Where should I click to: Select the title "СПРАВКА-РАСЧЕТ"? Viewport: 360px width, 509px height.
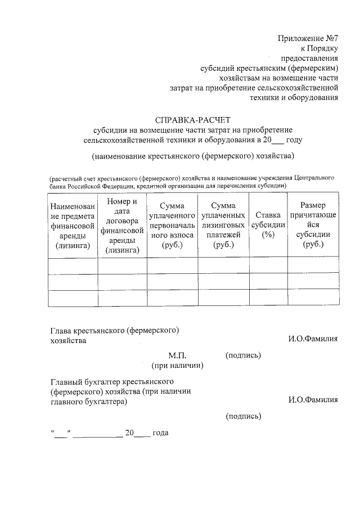pos(193,119)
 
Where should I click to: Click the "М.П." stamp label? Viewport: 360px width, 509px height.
pos(177,355)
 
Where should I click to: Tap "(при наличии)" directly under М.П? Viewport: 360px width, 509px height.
pos(177,366)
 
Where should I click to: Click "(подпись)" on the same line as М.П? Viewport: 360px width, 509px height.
pos(243,355)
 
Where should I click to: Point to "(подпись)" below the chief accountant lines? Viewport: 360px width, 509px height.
pos(243,416)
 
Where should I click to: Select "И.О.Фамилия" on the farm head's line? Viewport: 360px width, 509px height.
pos(313,339)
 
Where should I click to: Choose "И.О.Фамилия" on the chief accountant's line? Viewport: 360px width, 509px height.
pos(313,400)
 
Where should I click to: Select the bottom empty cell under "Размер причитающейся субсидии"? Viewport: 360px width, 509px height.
pos(313,298)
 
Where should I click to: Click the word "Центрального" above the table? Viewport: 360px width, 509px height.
pos(313,177)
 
